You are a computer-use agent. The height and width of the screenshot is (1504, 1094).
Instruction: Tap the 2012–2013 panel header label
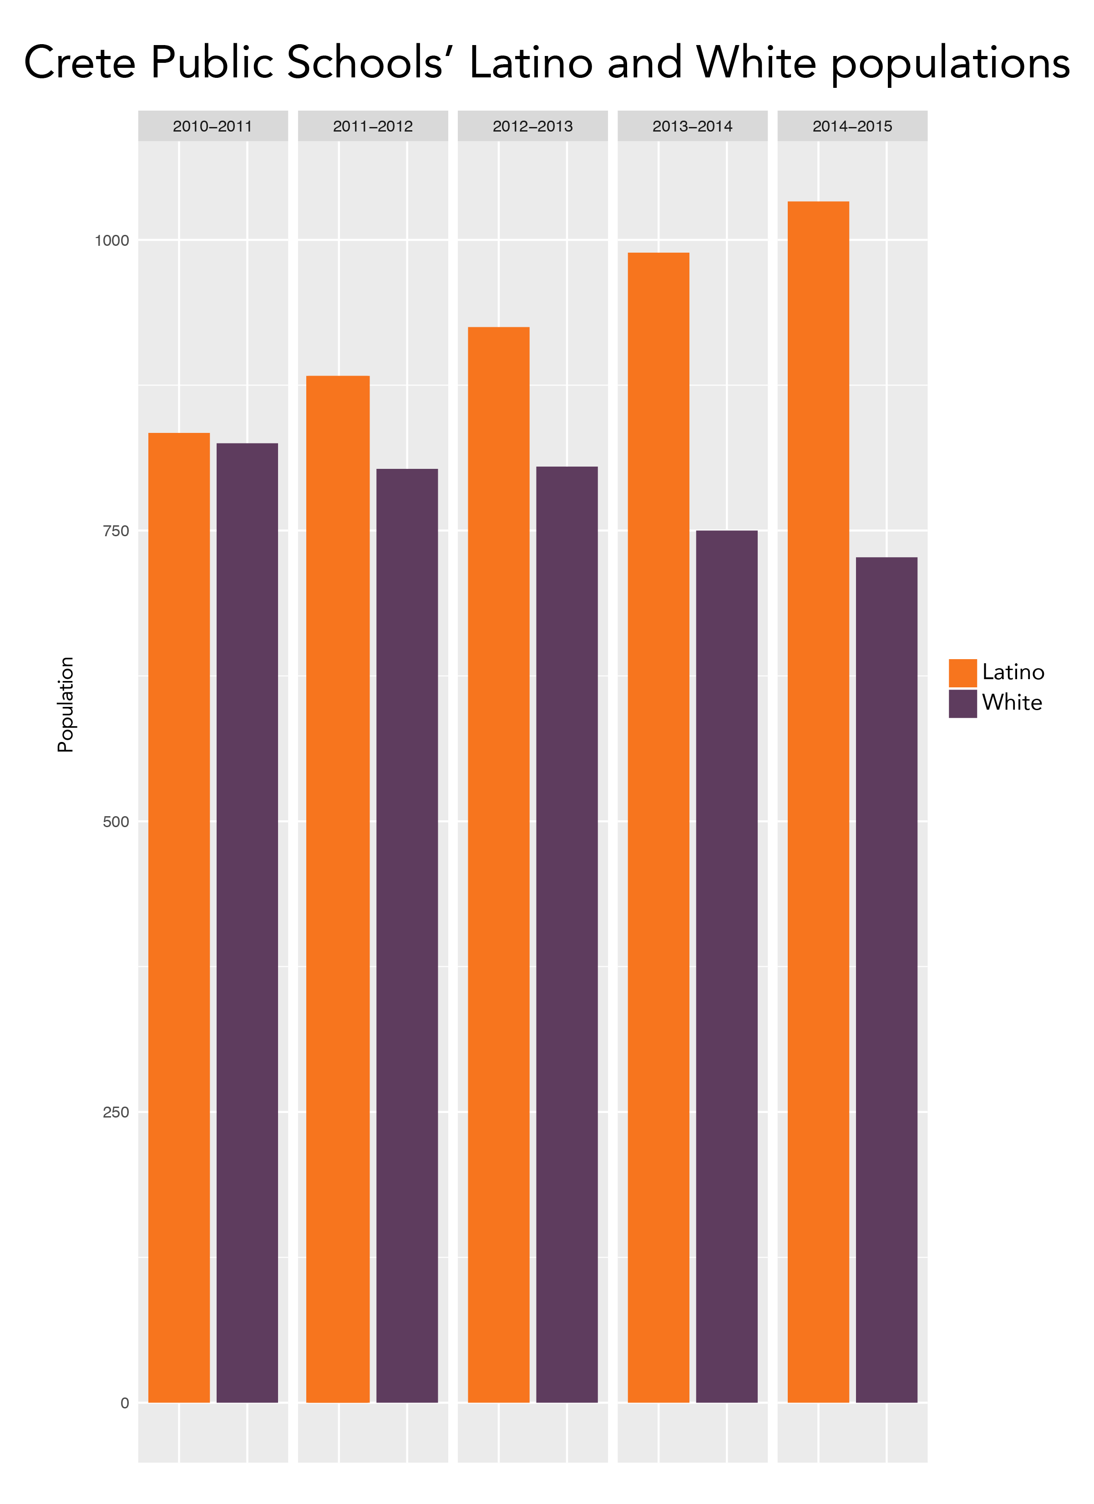(x=532, y=126)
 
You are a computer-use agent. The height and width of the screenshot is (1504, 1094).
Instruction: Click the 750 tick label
(x=116, y=531)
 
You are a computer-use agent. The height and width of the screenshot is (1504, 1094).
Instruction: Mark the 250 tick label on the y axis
(x=116, y=1112)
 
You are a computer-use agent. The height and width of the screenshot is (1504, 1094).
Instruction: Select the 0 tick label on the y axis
(x=124, y=1402)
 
